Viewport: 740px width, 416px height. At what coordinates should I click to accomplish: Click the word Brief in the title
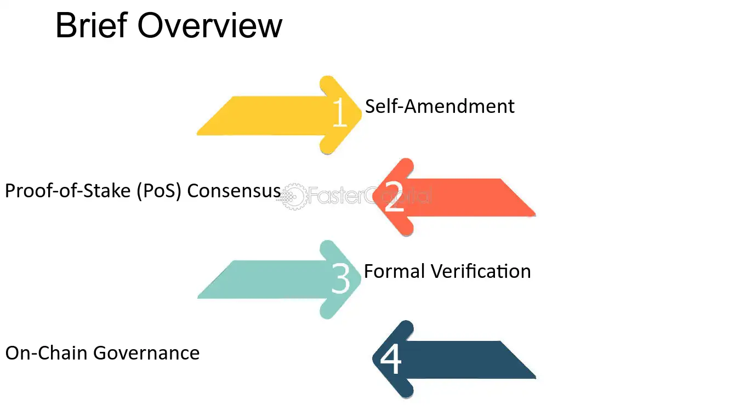click(92, 25)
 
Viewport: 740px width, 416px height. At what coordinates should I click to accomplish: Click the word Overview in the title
click(210, 25)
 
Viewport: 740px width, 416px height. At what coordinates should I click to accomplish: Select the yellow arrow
click(279, 115)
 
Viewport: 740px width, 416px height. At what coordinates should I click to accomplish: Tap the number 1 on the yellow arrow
click(340, 112)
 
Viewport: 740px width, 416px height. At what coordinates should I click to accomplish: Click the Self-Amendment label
click(440, 106)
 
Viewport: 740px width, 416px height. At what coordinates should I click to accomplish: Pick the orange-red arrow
click(454, 197)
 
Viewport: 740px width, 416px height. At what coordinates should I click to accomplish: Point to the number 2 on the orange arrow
click(395, 197)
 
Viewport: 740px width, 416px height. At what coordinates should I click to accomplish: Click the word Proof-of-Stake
click(68, 191)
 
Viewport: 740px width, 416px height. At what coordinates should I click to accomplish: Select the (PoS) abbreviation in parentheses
click(159, 191)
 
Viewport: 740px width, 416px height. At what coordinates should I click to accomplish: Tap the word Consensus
click(234, 191)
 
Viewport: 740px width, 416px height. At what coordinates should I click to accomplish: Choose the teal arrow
click(279, 280)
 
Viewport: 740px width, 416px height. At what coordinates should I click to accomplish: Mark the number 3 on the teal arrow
click(340, 278)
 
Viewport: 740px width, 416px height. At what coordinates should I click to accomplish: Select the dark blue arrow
click(454, 360)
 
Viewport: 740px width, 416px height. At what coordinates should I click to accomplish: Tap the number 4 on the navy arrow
click(391, 358)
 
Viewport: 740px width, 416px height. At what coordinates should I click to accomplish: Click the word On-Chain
click(46, 353)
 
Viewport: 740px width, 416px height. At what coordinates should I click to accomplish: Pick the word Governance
click(146, 353)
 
